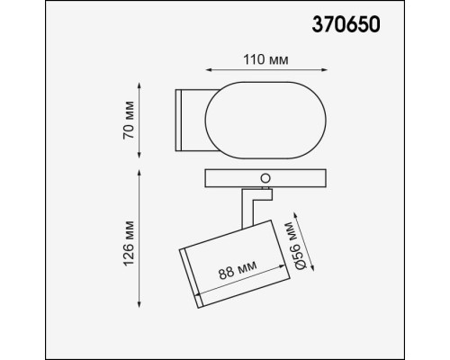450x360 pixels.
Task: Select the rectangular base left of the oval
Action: [x=190, y=121]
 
